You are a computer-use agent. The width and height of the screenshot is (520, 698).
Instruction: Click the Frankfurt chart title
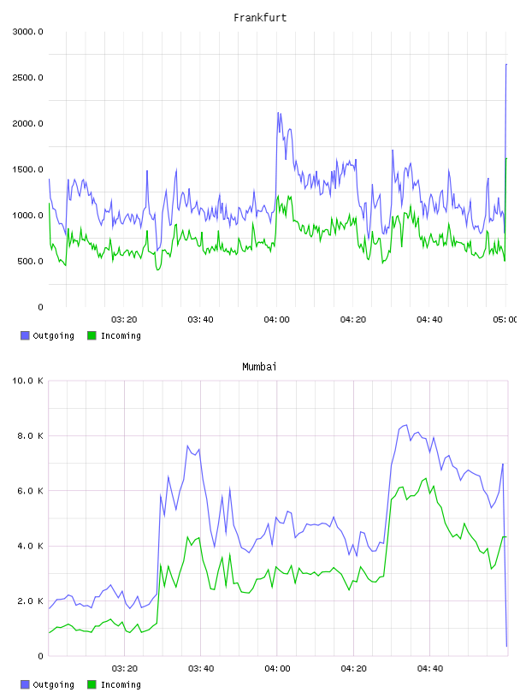pyautogui.click(x=260, y=18)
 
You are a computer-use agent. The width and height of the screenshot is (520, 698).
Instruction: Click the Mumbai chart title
pyautogui.click(x=259, y=367)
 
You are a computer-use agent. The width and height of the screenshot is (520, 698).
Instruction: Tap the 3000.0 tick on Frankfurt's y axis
pyautogui.click(x=28, y=32)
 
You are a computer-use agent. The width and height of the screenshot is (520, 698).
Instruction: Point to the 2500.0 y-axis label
pyautogui.click(x=28, y=78)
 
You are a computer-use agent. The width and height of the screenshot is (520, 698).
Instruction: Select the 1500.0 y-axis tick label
pyautogui.click(x=28, y=169)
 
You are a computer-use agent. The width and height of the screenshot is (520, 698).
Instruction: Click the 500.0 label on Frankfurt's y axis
pyautogui.click(x=30, y=261)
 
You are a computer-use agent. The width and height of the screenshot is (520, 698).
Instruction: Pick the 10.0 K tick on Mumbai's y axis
pyautogui.click(x=28, y=381)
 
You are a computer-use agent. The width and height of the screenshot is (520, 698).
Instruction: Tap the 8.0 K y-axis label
pyautogui.click(x=30, y=435)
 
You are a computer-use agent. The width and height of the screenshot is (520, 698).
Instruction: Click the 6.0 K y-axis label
pyautogui.click(x=30, y=490)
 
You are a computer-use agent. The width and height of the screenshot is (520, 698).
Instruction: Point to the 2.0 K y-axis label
pyautogui.click(x=30, y=601)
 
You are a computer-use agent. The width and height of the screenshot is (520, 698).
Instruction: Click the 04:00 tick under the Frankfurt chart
pyautogui.click(x=276, y=320)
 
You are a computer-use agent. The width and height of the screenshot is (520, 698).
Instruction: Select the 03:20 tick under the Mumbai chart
pyautogui.click(x=124, y=669)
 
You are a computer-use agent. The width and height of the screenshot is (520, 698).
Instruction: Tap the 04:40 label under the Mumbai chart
pyautogui.click(x=430, y=669)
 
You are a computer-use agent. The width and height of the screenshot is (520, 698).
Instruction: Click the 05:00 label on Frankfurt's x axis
pyautogui.click(x=505, y=320)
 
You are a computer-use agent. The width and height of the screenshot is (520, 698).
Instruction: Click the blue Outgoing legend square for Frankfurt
pyautogui.click(x=25, y=335)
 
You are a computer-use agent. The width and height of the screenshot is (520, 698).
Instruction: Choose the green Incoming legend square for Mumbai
pyautogui.click(x=92, y=684)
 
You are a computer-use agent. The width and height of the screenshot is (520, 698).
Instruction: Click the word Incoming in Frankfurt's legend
pyautogui.click(x=121, y=336)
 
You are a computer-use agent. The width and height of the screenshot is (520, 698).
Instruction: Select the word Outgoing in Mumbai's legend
pyautogui.click(x=53, y=685)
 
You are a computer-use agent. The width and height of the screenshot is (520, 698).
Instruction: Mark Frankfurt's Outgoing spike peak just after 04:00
pyautogui.click(x=278, y=113)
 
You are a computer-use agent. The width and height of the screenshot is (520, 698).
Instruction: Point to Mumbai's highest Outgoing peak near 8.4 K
pyautogui.click(x=406, y=425)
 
